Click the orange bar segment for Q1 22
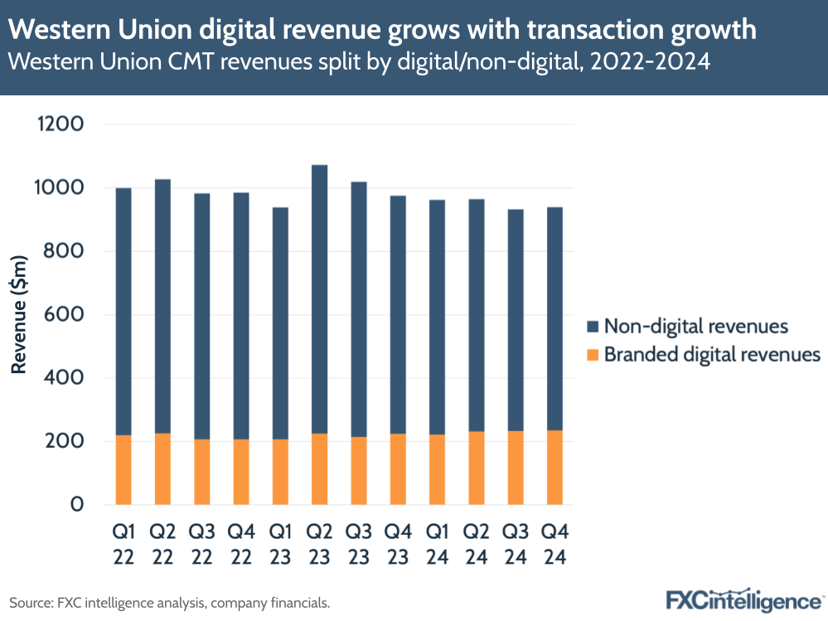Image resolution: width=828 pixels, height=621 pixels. pyautogui.click(x=123, y=469)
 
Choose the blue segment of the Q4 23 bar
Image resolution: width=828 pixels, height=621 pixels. pyautogui.click(x=398, y=315)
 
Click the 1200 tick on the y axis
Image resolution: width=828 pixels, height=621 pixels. pyautogui.click(x=59, y=125)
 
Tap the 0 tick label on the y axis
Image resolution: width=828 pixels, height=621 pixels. pyautogui.click(x=77, y=505)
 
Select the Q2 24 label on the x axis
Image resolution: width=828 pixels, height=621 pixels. pyautogui.click(x=477, y=544)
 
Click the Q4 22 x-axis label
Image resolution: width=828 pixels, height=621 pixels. pyautogui.click(x=241, y=544)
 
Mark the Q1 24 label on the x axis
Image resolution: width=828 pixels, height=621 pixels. pyautogui.click(x=438, y=544)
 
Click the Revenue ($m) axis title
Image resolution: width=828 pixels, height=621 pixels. pyautogui.click(x=17, y=315)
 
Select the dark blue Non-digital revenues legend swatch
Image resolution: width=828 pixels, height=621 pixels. pyautogui.click(x=592, y=326)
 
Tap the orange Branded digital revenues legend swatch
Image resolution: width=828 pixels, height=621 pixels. pyautogui.click(x=592, y=355)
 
